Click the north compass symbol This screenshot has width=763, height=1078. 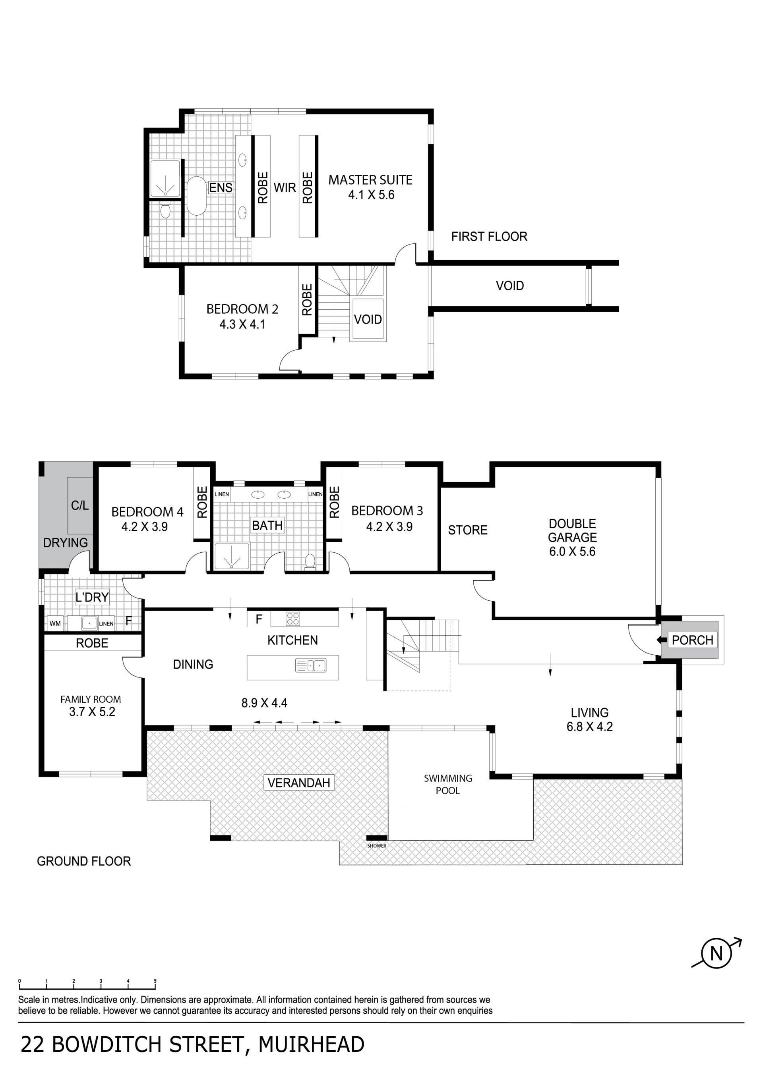716,954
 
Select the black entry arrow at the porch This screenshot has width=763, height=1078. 662,640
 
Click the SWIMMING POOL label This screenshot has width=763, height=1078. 448,784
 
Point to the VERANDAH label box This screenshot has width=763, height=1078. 299,783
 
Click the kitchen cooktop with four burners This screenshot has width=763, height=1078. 293,619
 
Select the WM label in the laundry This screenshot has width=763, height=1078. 55,623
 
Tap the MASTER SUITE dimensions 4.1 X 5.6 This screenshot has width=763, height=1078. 371,195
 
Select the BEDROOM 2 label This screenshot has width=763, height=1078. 242,309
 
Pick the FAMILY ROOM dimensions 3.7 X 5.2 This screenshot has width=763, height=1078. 92,712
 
